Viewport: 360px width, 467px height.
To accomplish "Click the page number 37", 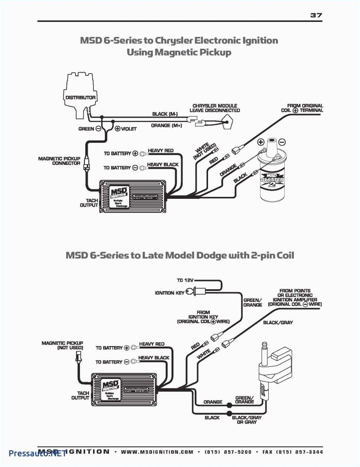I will (316, 15).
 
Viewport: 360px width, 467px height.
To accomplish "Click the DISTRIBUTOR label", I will (80, 98).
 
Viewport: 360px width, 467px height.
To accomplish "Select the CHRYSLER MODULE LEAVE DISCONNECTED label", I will (216, 108).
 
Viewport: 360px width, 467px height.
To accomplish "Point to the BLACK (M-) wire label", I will (165, 114).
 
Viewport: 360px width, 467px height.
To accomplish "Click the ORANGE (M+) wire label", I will (167, 126).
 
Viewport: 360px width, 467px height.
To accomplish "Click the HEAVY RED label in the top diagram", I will (161, 150).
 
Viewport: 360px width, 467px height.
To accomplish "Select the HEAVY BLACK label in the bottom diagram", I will (154, 358).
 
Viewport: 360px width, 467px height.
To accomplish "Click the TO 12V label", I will (186, 280).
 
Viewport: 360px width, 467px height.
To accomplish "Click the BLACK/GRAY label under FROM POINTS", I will (278, 322).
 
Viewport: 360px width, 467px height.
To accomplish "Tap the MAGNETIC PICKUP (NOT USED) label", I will (63, 345).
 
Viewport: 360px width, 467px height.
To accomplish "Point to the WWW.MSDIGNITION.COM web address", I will (157, 452).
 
